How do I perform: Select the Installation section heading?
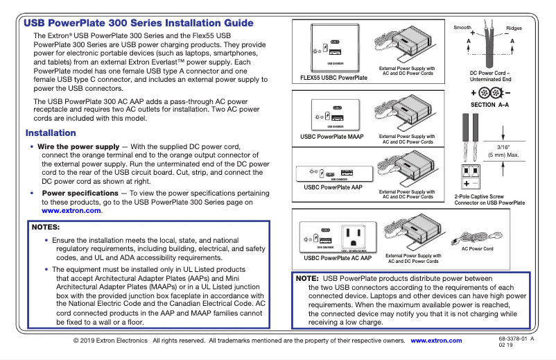(51, 133)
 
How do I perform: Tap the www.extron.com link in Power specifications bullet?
(71, 210)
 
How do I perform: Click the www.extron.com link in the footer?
(436, 341)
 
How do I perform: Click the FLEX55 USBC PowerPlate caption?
(333, 78)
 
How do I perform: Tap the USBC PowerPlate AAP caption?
(333, 187)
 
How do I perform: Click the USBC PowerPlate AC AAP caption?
(338, 258)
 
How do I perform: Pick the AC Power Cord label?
(478, 248)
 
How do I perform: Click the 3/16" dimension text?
(509, 147)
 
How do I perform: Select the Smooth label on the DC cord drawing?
(462, 28)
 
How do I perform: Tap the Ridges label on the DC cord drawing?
(514, 28)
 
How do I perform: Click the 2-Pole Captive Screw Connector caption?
(489, 200)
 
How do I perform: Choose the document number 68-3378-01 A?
(516, 338)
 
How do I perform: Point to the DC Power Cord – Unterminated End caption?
(489, 76)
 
